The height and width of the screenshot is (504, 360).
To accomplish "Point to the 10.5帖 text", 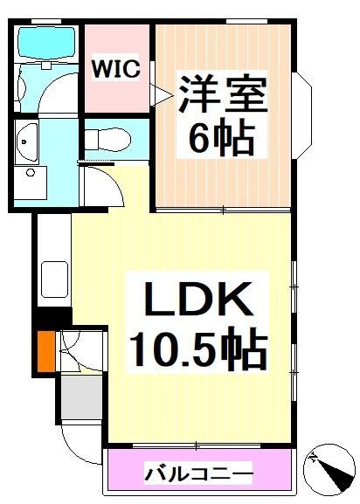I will tap(197, 349).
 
